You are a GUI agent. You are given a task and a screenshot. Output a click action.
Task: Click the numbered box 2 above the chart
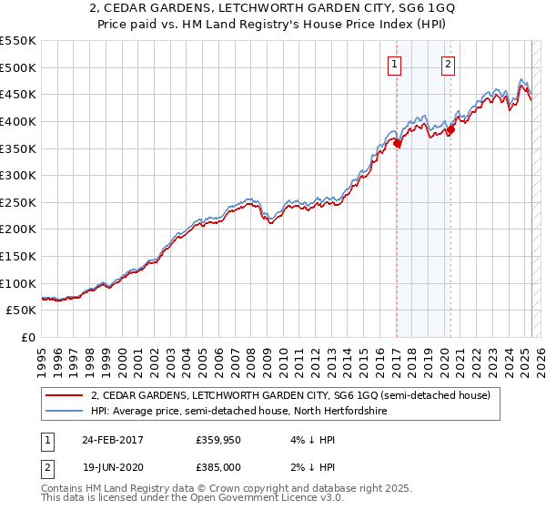(x=449, y=64)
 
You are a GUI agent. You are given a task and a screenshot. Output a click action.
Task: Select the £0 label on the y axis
(x=27, y=337)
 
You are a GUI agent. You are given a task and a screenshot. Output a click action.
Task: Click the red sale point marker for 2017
(x=398, y=143)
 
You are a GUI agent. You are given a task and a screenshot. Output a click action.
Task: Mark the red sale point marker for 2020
(x=450, y=130)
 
